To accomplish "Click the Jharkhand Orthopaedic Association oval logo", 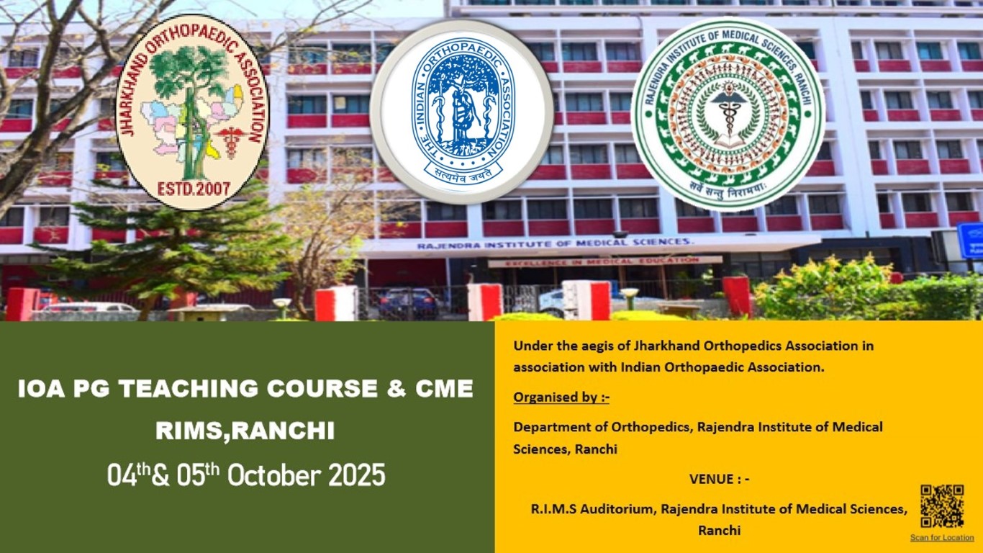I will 192,112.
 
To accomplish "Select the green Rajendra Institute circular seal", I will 728,114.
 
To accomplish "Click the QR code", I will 941,506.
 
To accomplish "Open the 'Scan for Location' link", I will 941,538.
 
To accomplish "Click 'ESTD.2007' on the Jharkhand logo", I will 194,189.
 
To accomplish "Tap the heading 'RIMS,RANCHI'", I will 245,431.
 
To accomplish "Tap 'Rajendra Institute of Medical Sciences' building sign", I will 555,245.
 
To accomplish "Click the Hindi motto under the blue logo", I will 463,172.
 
